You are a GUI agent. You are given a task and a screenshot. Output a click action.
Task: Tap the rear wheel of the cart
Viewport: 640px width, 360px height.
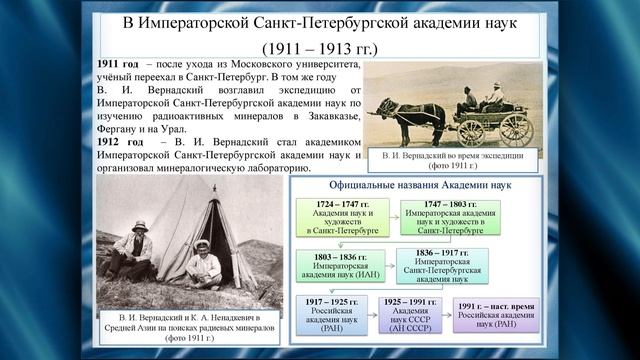(514, 127)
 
